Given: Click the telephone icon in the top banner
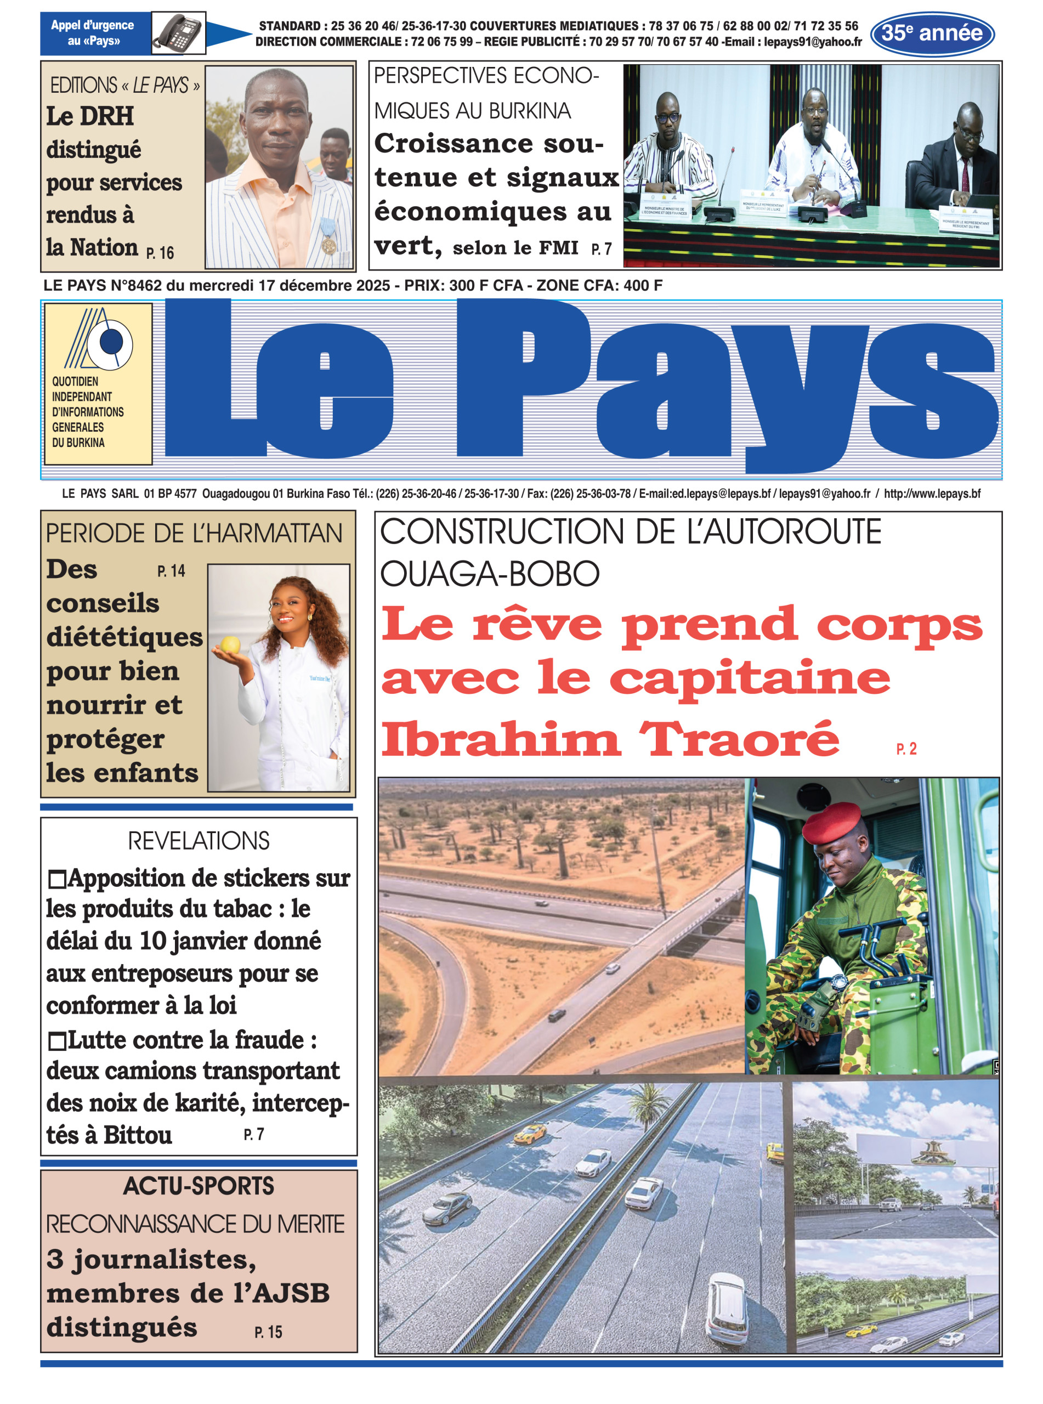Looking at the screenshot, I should pyautogui.click(x=178, y=33).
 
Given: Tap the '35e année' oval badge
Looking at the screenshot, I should pyautogui.click(x=932, y=33).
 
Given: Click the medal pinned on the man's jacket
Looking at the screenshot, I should pyautogui.click(x=328, y=243).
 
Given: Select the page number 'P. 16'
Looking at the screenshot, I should pyautogui.click(x=160, y=253).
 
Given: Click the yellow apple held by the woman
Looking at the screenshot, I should pyautogui.click(x=230, y=645).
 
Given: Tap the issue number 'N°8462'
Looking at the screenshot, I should pyautogui.click(x=136, y=285).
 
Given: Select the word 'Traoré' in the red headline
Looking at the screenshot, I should pyautogui.click(x=739, y=739).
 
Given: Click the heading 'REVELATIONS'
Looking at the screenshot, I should pyautogui.click(x=199, y=841).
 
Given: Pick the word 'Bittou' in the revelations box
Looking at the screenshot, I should pyautogui.click(x=138, y=1135).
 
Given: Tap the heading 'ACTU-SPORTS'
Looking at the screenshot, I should pyautogui.click(x=199, y=1186).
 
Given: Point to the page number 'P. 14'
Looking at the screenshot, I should pyautogui.click(x=171, y=571).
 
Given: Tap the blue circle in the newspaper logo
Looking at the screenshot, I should pyautogui.click(x=112, y=342).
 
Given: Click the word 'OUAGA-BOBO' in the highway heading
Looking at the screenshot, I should pyautogui.click(x=489, y=573).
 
